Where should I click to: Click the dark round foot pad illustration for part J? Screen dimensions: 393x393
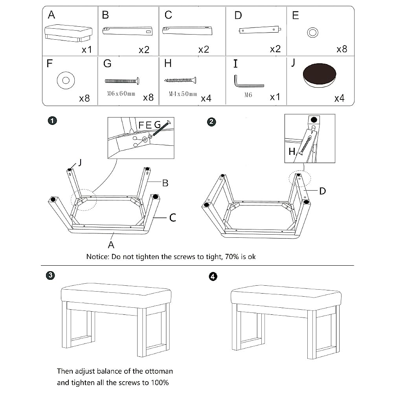320,73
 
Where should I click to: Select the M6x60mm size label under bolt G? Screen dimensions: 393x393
121,94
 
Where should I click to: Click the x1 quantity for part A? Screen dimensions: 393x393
87,50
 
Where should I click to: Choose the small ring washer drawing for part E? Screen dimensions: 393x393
313,33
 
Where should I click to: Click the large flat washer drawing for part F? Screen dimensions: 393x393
66,81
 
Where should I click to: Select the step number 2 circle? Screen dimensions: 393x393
211,122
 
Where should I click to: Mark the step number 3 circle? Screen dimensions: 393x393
50,275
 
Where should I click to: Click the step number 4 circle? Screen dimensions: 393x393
213,277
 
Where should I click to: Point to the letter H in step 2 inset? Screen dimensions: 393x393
292,152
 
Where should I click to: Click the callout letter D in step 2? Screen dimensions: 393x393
322,191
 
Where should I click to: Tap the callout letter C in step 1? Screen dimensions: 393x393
172,217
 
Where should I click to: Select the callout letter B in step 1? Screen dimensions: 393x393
165,183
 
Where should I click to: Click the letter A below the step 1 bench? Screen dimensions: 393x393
111,244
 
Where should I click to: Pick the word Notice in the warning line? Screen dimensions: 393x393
98,257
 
